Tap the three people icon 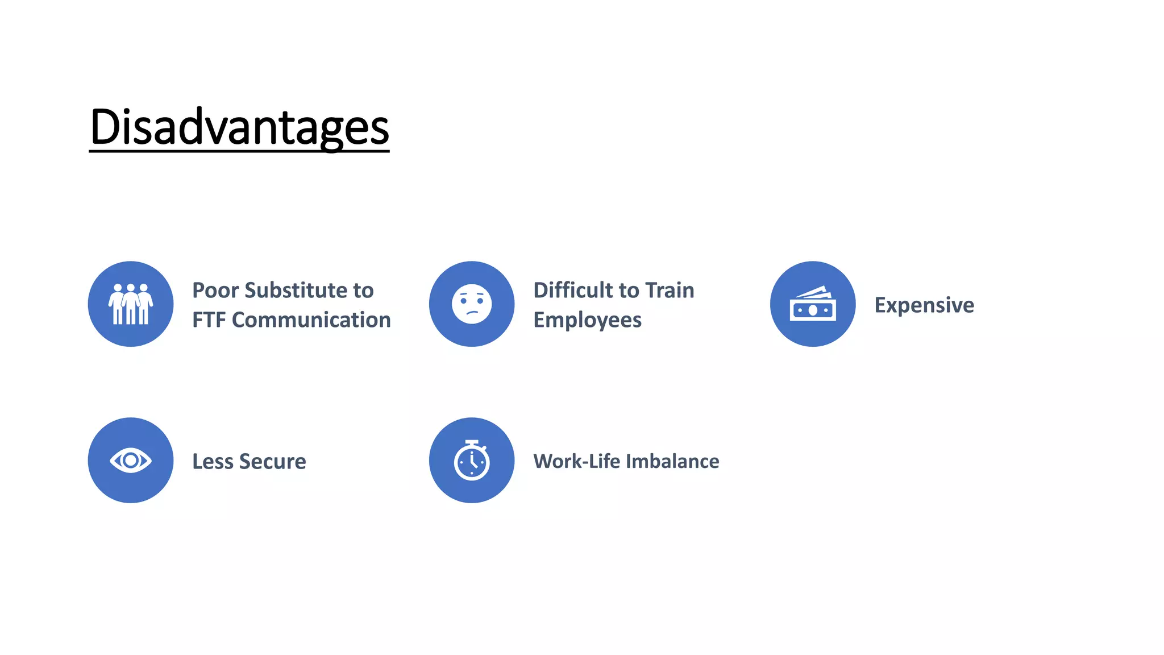pos(131,304)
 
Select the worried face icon pos(472,304)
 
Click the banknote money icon pos(813,305)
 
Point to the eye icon pos(131,461)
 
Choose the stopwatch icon pos(472,461)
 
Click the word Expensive pos(924,305)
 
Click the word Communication pos(311,320)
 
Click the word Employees pos(587,320)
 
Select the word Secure pos(273,461)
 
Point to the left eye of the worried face pos(464,300)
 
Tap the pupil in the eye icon pos(131,461)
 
